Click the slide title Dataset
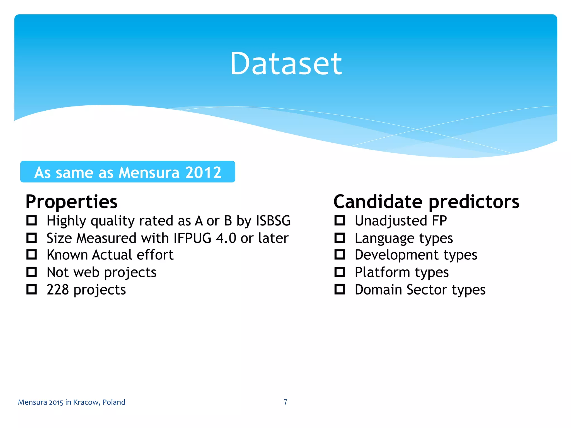(x=286, y=64)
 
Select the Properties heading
(x=71, y=201)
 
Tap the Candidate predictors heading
(x=426, y=201)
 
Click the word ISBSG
(x=273, y=221)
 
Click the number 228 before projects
(x=58, y=290)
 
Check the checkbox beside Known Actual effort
(x=32, y=254)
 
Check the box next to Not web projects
(x=32, y=272)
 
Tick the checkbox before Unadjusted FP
(x=340, y=220)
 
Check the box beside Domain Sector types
(x=340, y=290)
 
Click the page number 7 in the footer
(x=285, y=402)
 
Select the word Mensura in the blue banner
(x=149, y=172)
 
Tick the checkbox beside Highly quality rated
(x=32, y=220)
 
